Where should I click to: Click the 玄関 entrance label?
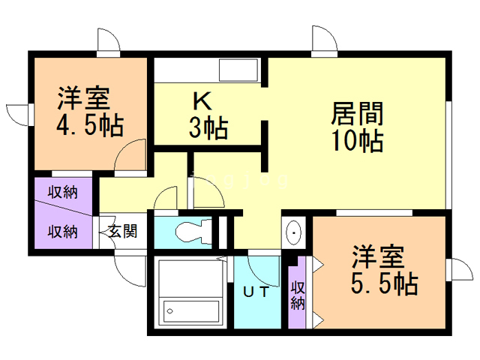click(121, 231)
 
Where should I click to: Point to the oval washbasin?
click(294, 234)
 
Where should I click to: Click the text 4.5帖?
click(90, 125)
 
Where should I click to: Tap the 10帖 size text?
click(358, 139)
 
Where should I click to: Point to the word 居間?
click(358, 114)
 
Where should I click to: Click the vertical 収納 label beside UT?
click(298, 295)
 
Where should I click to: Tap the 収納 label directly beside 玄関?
click(64, 231)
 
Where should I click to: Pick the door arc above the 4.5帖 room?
click(108, 40)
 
